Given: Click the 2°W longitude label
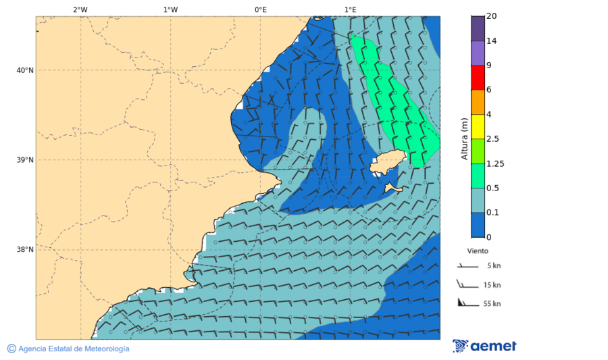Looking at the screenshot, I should pyautogui.click(x=80, y=9).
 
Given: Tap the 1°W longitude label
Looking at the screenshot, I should pyautogui.click(x=170, y=9).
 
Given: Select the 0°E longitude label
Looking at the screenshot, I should pyautogui.click(x=260, y=9).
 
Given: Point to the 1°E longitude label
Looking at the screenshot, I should pyautogui.click(x=350, y=9).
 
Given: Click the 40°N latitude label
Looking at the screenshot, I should pyautogui.click(x=24, y=70).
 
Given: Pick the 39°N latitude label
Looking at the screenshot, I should pyautogui.click(x=24, y=160).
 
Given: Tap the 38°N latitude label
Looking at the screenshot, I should pyautogui.click(x=24, y=249).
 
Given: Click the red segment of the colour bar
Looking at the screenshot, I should pyautogui.click(x=478, y=78).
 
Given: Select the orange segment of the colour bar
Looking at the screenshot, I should pyautogui.click(x=478, y=102).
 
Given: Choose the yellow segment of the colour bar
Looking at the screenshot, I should pyautogui.click(x=478, y=126).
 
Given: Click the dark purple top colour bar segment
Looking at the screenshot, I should pyautogui.click(x=478, y=28).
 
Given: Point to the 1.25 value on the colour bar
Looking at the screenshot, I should pyautogui.click(x=495, y=163).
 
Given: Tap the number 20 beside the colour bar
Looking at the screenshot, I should pyautogui.click(x=491, y=16).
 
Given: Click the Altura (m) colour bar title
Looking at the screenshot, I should pyautogui.click(x=464, y=138).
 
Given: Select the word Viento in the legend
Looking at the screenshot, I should pyautogui.click(x=478, y=251).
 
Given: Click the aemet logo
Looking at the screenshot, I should pyautogui.click(x=484, y=346).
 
